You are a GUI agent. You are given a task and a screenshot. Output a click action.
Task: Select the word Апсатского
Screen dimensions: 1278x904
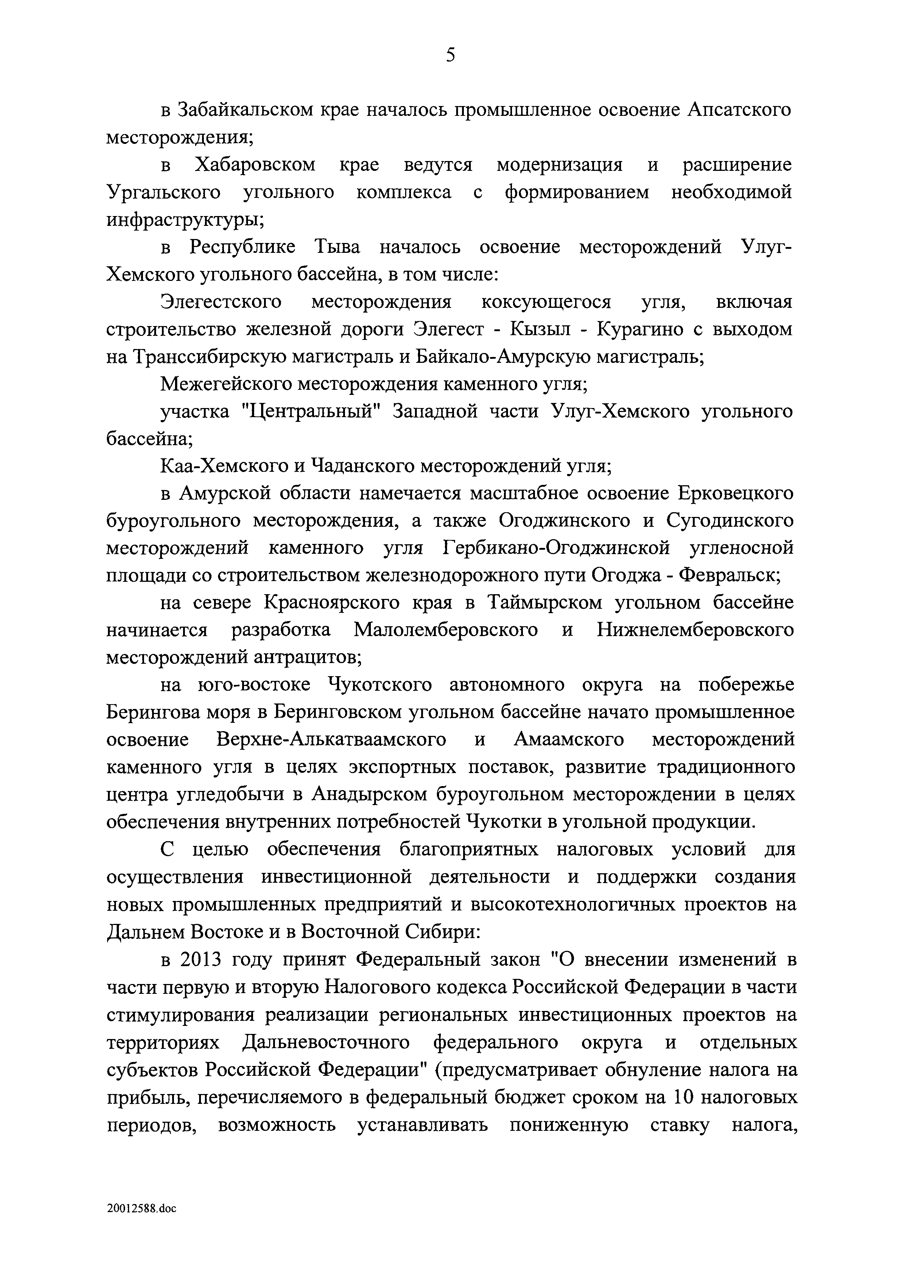coord(739,110)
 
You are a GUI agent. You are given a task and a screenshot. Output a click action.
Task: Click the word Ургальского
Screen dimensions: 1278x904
coord(163,193)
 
